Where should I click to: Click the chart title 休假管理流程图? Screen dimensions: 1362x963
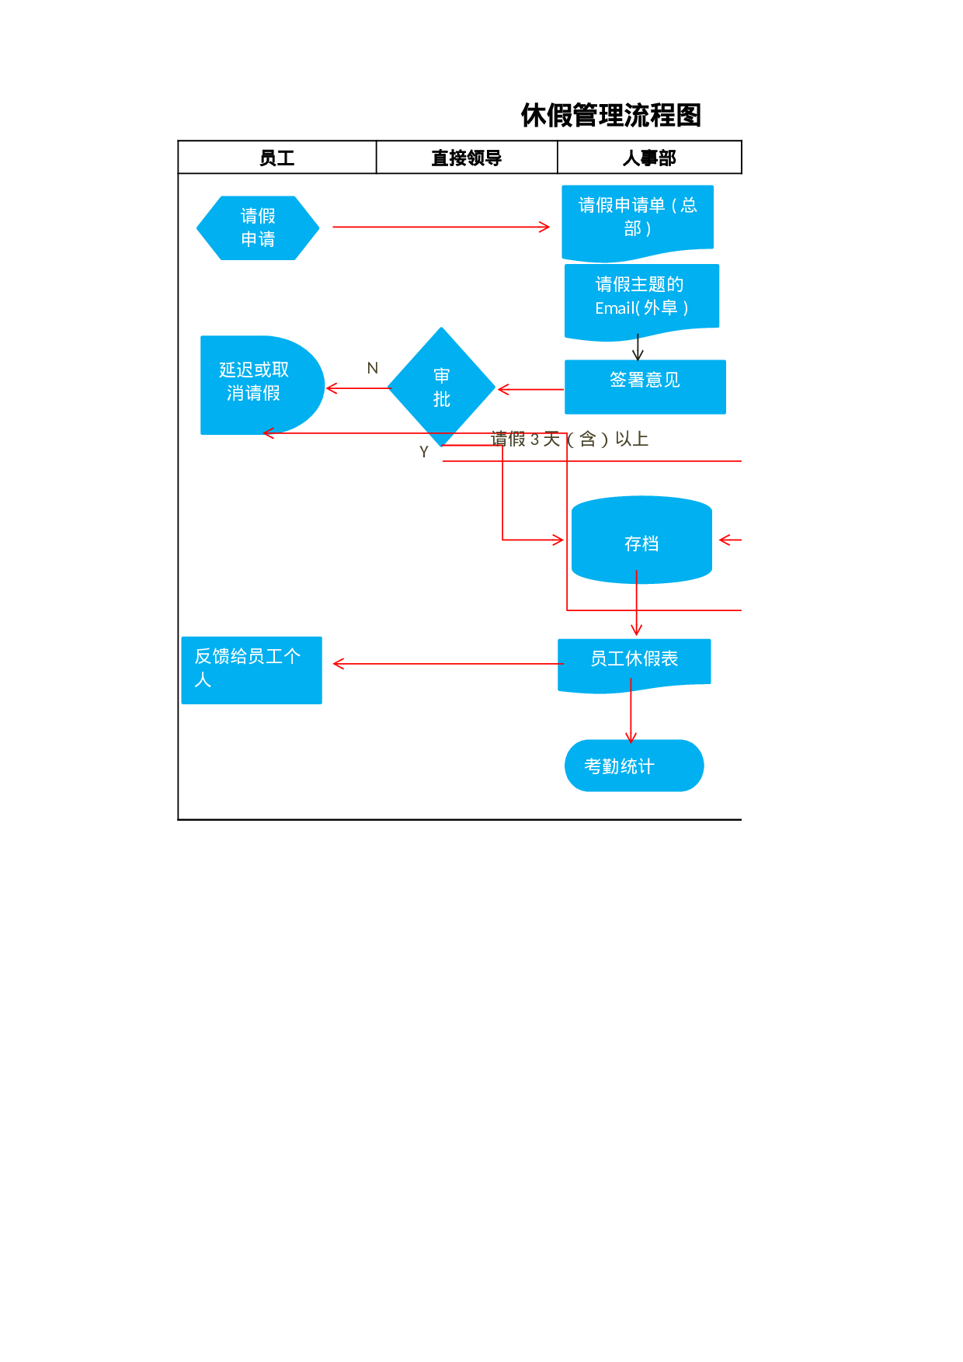click(x=610, y=116)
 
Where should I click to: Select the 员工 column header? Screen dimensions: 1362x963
click(x=276, y=158)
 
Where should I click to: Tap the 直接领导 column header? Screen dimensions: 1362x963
click(x=466, y=158)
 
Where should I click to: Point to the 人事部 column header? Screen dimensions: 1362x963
click(x=649, y=158)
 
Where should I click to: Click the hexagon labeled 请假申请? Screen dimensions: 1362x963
click(x=258, y=228)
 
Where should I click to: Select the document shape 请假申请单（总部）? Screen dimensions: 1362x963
click(x=637, y=219)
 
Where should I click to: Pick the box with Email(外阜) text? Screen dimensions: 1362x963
click(x=641, y=298)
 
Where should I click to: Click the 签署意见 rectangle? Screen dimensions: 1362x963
click(x=645, y=386)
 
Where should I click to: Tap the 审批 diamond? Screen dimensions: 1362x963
click(x=441, y=387)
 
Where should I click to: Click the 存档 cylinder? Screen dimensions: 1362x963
click(x=641, y=542)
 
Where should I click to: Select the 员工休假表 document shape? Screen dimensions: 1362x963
click(x=634, y=661)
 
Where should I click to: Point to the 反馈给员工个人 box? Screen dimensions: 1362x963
click(x=251, y=669)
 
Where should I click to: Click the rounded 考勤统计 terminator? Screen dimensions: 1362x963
click(x=634, y=766)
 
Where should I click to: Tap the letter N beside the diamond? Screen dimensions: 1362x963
click(x=373, y=368)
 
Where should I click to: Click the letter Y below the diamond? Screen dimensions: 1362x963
click(x=424, y=452)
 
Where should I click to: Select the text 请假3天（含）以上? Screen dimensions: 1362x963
click(x=570, y=440)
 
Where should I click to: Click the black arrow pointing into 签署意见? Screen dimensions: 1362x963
click(x=638, y=348)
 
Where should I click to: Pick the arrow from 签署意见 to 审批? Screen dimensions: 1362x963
click(x=530, y=389)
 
